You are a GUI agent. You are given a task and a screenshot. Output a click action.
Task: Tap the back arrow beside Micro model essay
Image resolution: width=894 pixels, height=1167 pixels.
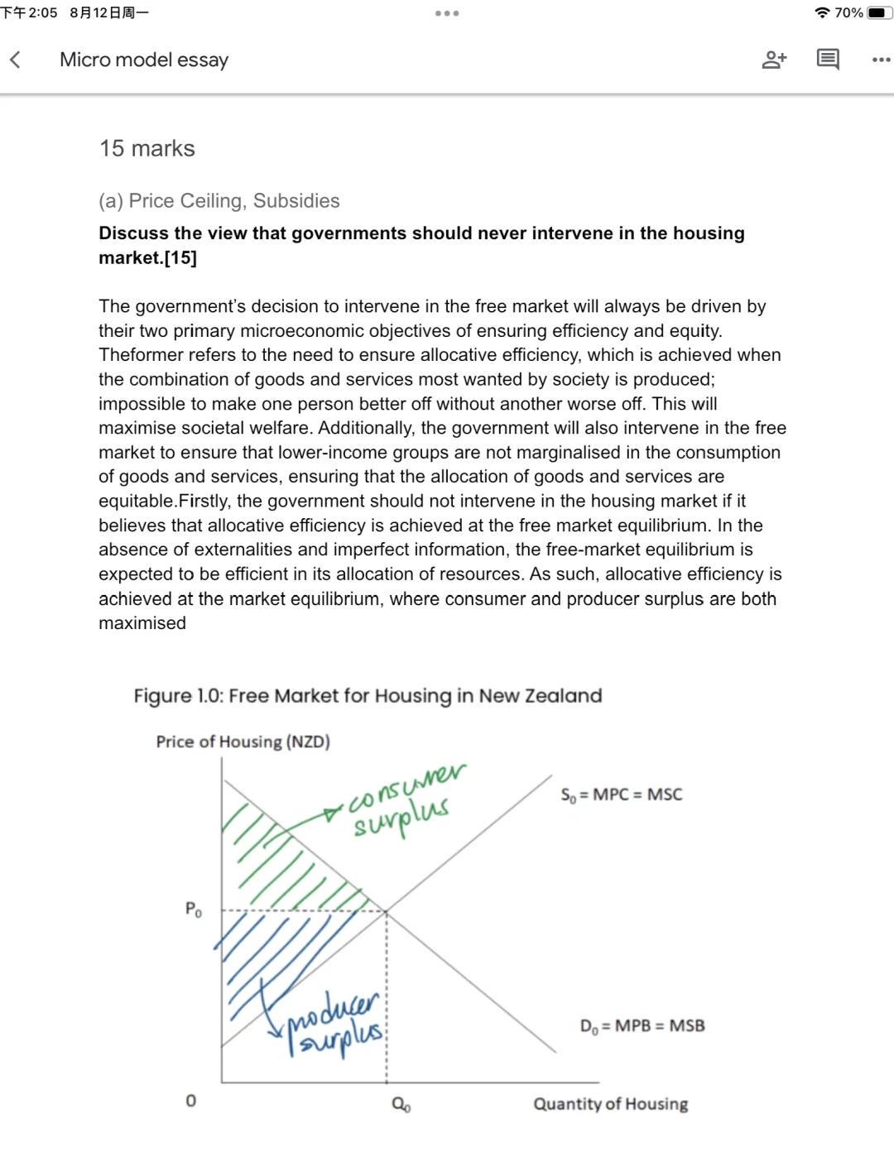coord(15,60)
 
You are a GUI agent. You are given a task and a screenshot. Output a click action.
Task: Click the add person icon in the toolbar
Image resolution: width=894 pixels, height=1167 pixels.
coord(774,60)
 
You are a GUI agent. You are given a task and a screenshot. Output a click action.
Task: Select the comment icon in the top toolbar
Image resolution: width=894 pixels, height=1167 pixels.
coord(827,60)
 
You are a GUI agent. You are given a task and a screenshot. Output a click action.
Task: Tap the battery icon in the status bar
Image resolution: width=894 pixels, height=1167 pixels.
coord(880,12)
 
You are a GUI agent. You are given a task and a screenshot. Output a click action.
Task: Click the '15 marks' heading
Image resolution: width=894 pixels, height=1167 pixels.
coord(147,148)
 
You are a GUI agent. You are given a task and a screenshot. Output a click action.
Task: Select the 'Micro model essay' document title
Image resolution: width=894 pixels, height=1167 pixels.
coord(144,60)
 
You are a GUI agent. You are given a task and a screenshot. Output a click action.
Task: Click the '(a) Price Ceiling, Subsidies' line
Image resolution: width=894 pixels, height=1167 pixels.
coord(219,201)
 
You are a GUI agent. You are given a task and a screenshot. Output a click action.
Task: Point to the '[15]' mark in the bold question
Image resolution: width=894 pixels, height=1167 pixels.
coord(180,257)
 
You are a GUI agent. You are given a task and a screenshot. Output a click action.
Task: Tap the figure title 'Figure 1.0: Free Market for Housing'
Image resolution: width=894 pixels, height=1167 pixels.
coord(368,695)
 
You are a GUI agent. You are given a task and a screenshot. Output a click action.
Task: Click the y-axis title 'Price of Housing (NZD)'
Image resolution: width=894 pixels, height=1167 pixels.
coord(243,742)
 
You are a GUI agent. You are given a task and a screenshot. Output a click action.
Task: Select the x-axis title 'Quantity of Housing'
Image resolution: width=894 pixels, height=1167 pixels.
coord(610,1103)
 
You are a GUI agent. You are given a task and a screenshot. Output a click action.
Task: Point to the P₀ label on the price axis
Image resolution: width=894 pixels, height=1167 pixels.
coord(193,910)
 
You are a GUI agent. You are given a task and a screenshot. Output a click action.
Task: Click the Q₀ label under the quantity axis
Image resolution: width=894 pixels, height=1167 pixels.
coord(401,1105)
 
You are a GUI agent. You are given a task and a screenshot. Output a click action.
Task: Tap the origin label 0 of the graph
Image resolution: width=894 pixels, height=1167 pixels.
coord(191,1101)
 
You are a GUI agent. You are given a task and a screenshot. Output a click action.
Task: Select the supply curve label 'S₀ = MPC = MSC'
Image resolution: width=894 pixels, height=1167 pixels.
coord(621,795)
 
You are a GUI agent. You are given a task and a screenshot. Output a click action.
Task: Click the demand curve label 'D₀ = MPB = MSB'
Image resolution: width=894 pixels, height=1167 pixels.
coord(642,1025)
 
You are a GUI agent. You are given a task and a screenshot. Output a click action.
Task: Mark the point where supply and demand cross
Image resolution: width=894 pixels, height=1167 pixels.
coord(387,911)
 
